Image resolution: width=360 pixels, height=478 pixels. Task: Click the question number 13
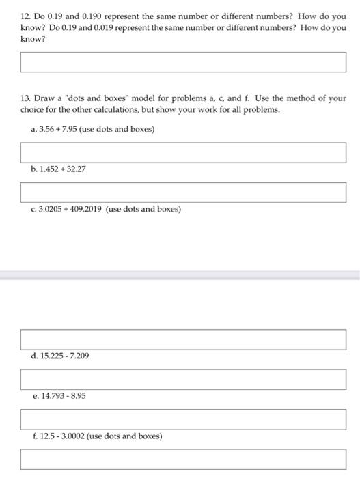tap(25, 98)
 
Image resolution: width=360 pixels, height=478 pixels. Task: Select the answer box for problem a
tap(183, 152)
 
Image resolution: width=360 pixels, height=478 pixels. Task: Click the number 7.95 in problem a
tap(73, 130)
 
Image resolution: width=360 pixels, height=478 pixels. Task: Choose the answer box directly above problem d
tap(183, 338)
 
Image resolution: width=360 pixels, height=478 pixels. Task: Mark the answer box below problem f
tap(183, 458)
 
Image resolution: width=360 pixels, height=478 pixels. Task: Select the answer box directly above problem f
tap(183, 418)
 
